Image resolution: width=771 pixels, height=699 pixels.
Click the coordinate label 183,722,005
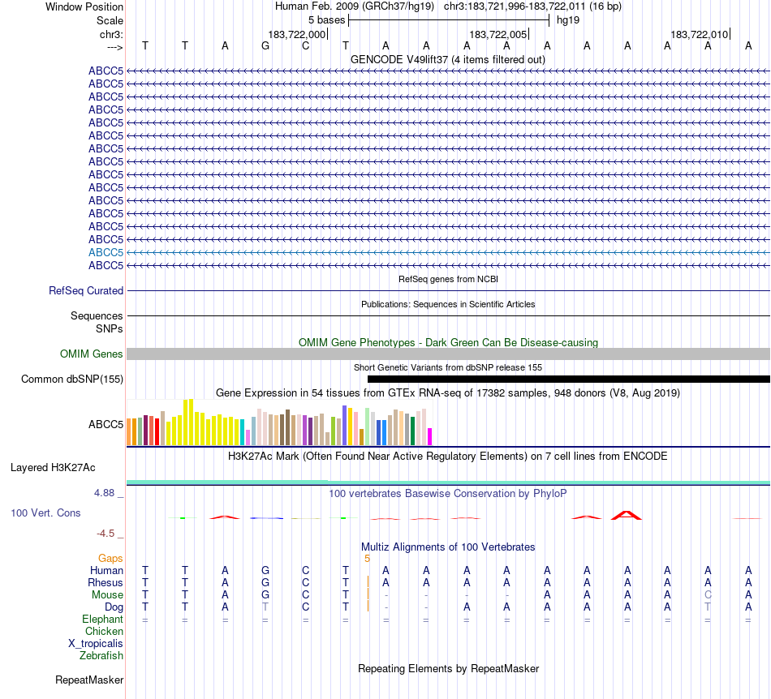point(498,34)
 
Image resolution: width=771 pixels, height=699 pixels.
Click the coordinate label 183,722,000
point(297,34)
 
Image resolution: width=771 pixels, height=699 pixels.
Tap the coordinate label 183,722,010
point(699,34)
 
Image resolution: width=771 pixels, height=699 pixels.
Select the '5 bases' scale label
point(325,19)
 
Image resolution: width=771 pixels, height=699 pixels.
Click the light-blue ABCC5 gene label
point(106,252)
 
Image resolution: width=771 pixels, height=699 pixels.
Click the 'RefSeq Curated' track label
point(86,290)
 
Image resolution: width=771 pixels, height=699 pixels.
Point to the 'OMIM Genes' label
point(92,354)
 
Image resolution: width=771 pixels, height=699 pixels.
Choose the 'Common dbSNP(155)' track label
point(72,379)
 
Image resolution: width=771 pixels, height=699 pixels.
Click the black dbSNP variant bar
point(568,379)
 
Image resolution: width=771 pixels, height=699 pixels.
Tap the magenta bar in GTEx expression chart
point(430,436)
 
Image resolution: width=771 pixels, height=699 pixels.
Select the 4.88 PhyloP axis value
point(106,492)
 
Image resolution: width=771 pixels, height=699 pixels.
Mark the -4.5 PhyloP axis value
point(107,533)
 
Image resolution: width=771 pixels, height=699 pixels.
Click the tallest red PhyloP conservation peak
point(627,514)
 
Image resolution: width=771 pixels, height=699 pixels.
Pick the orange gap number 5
point(367,558)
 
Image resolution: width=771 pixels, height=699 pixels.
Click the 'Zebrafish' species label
point(101,655)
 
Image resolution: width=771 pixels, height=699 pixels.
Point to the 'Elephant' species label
point(102,619)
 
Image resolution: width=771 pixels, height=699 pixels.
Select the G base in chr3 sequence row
point(265,45)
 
